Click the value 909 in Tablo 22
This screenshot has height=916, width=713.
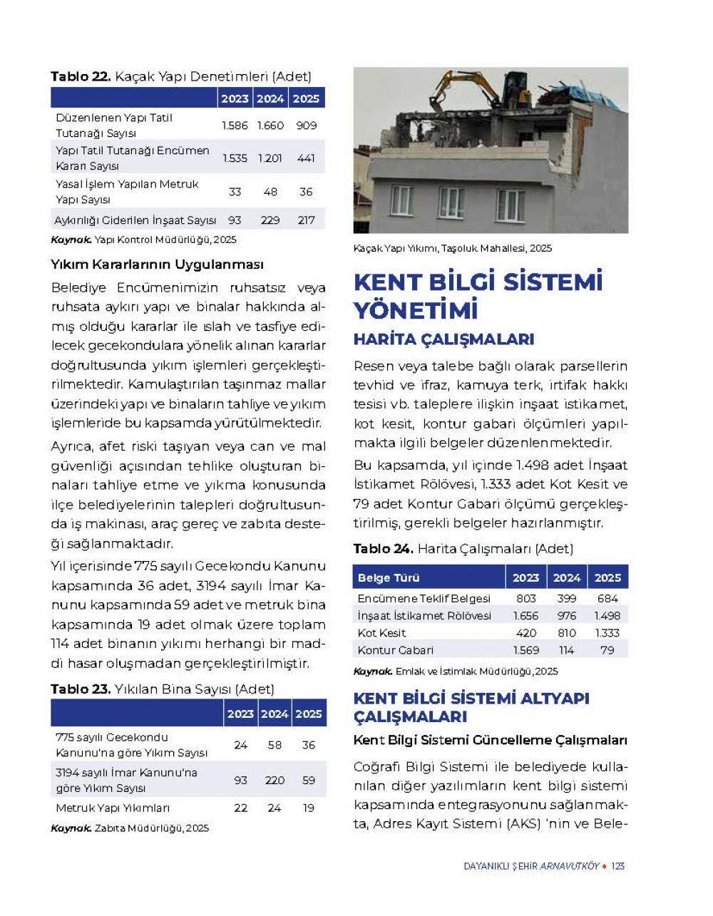[x=307, y=125]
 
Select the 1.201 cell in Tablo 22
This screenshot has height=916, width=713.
[x=270, y=158]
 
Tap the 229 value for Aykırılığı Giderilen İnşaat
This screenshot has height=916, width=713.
[x=270, y=220]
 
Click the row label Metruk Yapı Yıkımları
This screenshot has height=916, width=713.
[x=113, y=808]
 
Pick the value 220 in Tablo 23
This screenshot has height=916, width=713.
[x=275, y=781]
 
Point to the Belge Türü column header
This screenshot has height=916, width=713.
[x=389, y=578]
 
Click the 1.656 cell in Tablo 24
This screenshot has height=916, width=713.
[x=525, y=616]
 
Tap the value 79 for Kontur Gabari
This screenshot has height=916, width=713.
[x=607, y=650]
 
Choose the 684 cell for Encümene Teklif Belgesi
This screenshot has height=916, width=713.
[x=607, y=599]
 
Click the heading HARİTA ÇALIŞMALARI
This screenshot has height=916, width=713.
[x=443, y=340]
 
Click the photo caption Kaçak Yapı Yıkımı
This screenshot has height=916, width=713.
[x=452, y=249]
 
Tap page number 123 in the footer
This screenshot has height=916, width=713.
[x=618, y=866]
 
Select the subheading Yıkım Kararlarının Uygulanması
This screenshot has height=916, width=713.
[x=157, y=265]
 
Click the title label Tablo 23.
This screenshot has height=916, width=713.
[x=80, y=689]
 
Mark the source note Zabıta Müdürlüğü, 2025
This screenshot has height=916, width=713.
[x=151, y=828]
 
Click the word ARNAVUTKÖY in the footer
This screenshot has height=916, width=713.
[x=570, y=866]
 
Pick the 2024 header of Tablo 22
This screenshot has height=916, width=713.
[x=270, y=99]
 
